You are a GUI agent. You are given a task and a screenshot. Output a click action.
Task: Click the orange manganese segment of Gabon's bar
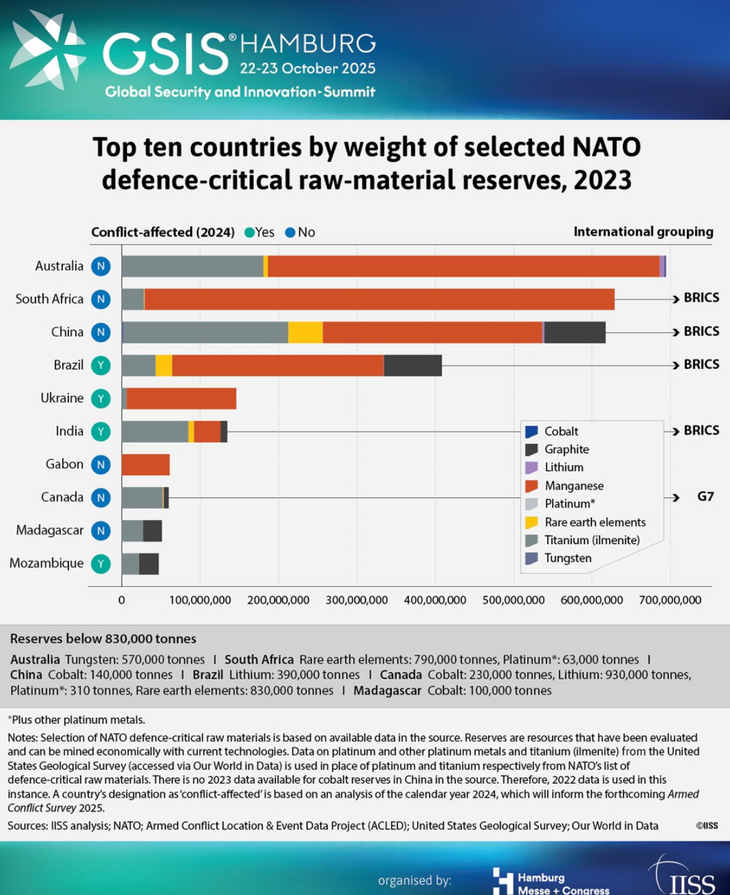click(x=145, y=464)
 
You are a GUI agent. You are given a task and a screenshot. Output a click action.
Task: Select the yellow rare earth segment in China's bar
click(x=305, y=333)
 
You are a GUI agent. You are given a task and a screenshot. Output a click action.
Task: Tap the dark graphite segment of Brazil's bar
click(x=413, y=365)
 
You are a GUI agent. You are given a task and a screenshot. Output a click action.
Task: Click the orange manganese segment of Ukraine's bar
click(x=181, y=399)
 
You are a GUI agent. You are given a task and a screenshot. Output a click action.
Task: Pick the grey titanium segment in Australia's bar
click(x=192, y=266)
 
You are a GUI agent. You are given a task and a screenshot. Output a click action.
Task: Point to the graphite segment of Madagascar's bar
click(x=152, y=530)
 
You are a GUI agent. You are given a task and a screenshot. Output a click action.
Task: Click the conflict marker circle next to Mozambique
click(x=101, y=564)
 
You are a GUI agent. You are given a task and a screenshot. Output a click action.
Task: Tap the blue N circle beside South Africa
click(x=101, y=299)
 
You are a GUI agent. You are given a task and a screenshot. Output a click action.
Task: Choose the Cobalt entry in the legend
click(x=561, y=431)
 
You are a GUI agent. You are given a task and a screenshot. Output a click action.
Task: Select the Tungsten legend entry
click(x=567, y=558)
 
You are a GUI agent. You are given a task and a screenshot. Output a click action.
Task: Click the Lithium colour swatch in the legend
click(x=532, y=468)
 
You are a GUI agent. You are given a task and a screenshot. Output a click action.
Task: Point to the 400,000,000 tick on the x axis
click(x=435, y=600)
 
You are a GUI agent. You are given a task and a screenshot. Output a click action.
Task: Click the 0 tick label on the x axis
click(x=121, y=600)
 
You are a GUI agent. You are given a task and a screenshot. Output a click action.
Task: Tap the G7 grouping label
click(x=705, y=496)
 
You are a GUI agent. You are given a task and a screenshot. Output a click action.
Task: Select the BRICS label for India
click(x=701, y=430)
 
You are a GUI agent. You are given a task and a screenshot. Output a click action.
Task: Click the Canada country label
click(x=62, y=497)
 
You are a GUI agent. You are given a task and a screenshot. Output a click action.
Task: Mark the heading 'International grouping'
click(x=643, y=232)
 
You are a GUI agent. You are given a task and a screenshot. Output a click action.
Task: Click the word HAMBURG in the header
click(x=307, y=44)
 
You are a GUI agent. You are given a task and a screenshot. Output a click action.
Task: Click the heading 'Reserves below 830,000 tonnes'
click(x=103, y=639)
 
